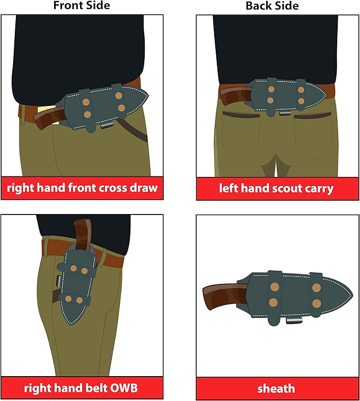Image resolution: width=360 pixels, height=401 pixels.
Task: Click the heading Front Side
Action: pyautogui.click(x=82, y=5)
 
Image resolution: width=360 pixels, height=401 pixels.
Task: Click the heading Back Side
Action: pyautogui.click(x=272, y=6)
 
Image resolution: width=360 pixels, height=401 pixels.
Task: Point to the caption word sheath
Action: pyautogui.click(x=276, y=389)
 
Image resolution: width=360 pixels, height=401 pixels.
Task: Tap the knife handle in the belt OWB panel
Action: pyautogui.click(x=83, y=233)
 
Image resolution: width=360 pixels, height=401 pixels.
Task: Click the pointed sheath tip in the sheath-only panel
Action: pyautogui.click(x=353, y=296)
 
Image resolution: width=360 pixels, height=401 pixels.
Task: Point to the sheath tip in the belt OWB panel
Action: pyautogui.click(x=71, y=324)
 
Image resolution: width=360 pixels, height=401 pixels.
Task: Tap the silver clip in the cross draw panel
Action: pyautogui.click(x=107, y=126)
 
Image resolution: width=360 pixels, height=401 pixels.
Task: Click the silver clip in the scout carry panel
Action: pyautogui.click(x=285, y=113)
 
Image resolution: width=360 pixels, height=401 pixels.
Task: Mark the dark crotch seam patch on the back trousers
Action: pyautogui.click(x=276, y=170)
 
